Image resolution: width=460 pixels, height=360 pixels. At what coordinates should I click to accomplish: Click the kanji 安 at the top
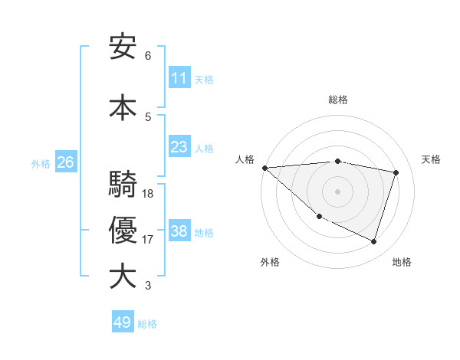coord(123,48)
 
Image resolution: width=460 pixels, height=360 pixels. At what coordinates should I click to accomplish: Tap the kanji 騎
coord(123,185)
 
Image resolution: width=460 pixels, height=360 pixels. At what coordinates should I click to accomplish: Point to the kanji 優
coord(123,231)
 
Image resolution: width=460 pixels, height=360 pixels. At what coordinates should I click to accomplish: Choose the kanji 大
coord(123,277)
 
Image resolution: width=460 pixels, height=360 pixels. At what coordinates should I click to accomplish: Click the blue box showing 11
coord(179,78)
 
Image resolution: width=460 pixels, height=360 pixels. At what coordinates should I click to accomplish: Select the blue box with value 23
coord(179,147)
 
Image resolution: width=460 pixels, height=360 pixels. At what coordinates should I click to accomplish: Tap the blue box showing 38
coord(179,231)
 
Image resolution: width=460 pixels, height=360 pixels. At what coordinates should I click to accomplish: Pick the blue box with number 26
coord(65,162)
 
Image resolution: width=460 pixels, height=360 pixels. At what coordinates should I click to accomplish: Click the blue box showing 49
coord(123,322)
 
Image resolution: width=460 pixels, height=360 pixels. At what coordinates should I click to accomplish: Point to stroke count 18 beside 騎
coord(148,194)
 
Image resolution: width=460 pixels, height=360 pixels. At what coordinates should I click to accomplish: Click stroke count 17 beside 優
coord(148,240)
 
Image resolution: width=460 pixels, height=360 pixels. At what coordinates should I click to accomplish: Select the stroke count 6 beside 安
coord(148,56)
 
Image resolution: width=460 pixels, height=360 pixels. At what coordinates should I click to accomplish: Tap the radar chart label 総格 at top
coord(337,100)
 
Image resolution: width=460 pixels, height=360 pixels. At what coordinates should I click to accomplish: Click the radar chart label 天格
coord(431,159)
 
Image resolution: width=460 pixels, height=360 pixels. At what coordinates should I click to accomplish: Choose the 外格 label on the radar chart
coord(270,262)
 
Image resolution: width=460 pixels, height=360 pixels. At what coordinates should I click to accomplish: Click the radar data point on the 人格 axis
coord(264,168)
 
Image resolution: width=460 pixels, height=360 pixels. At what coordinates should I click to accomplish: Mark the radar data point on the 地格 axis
coord(373,241)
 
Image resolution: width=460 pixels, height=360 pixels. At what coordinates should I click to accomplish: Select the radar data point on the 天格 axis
coord(396,172)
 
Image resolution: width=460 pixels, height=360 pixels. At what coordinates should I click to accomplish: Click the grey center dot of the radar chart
coord(337,191)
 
